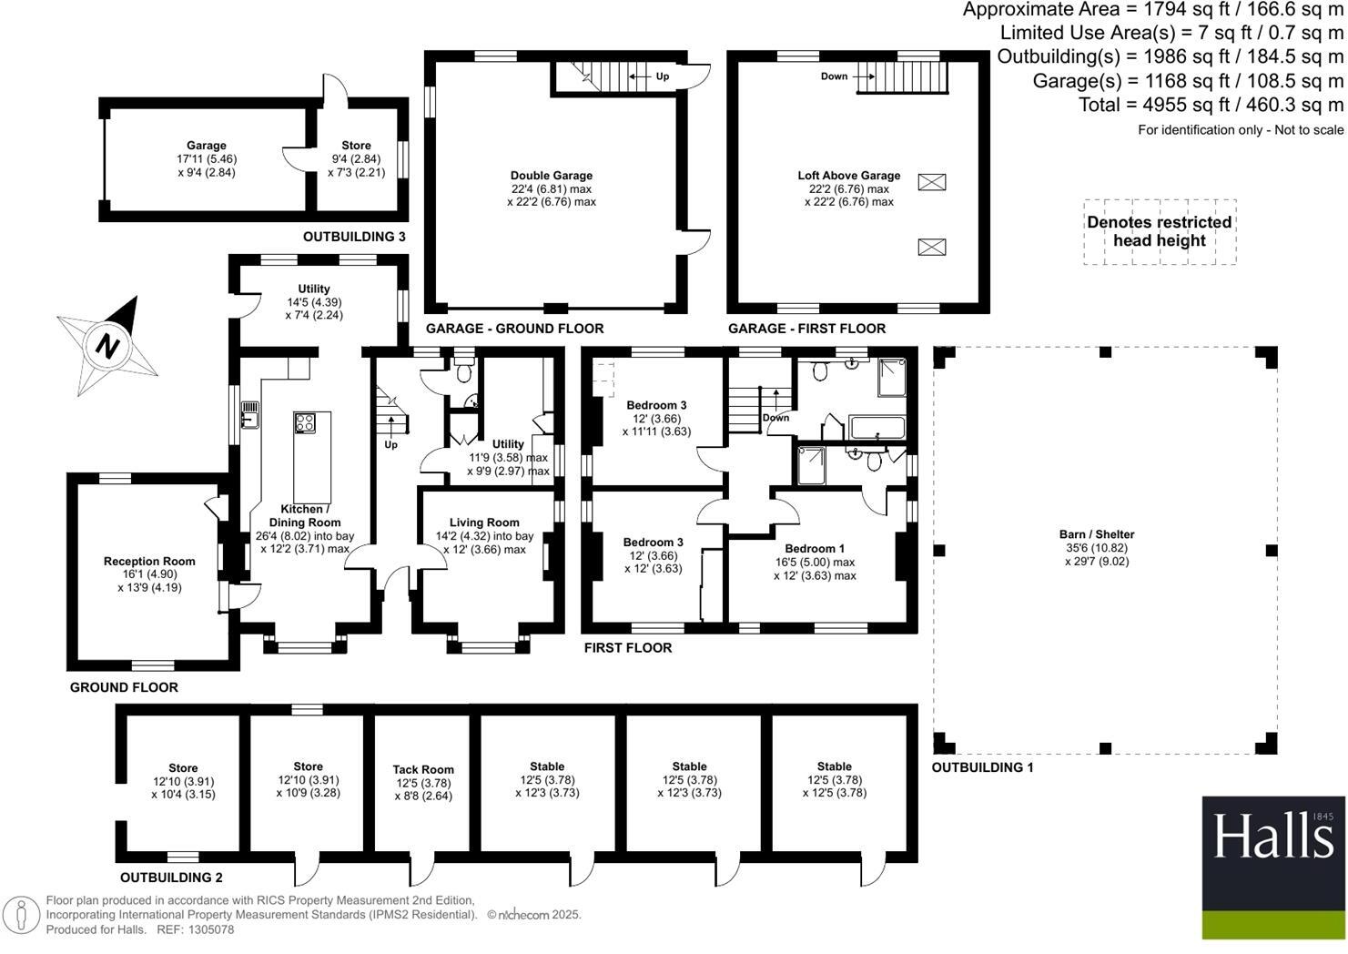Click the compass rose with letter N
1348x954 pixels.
tap(107, 346)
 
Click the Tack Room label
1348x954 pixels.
tap(423, 769)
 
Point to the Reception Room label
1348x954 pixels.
tap(149, 562)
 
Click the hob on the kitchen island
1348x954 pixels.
tap(305, 423)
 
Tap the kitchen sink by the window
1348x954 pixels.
tap(249, 418)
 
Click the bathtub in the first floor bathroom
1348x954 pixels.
tap(876, 427)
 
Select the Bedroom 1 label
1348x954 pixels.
tap(815, 549)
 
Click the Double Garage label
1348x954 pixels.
tap(551, 176)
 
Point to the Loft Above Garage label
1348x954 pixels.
tap(848, 176)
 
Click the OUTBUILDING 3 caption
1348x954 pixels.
tap(354, 237)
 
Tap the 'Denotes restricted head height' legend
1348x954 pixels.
tap(1159, 232)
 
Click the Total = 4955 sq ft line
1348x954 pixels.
tap(1211, 105)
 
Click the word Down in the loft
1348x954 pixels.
tap(834, 76)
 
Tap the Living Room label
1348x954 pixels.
tap(491, 523)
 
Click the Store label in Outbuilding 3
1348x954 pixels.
tap(356, 146)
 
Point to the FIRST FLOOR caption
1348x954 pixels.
tap(627, 648)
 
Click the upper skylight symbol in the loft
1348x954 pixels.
tap(931, 182)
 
